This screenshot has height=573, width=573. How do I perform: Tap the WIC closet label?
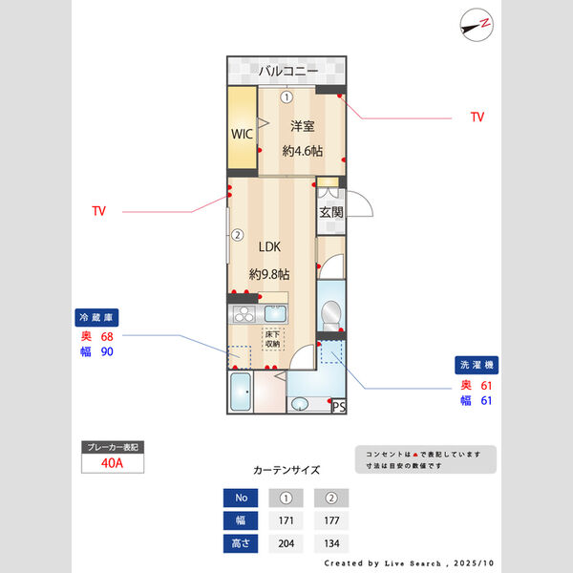click(242, 134)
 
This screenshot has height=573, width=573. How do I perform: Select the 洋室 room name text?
click(303, 126)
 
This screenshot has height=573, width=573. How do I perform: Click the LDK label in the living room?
click(269, 246)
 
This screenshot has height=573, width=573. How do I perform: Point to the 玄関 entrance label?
click(330, 212)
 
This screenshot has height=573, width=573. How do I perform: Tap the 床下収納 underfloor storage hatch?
click(272, 339)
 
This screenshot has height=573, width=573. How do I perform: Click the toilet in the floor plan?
click(330, 311)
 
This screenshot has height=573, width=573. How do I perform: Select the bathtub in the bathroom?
click(241, 393)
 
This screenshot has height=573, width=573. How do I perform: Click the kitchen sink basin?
click(275, 314)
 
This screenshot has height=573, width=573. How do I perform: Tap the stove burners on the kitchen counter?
click(242, 315)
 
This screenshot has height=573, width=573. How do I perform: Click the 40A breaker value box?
click(113, 464)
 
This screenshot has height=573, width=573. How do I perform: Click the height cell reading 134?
click(330, 543)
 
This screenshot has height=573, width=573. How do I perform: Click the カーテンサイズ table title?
click(286, 470)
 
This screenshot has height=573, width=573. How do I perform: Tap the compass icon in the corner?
click(477, 23)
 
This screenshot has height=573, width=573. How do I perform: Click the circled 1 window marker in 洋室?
click(286, 96)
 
